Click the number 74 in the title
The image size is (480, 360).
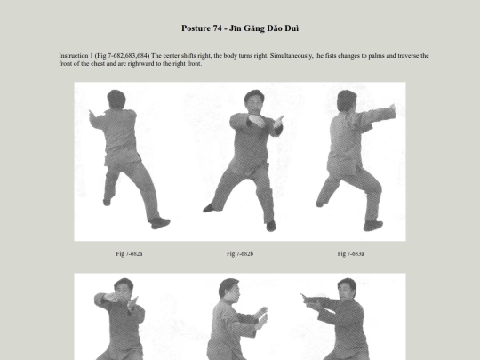click(218, 28)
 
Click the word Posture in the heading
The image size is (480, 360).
click(196, 28)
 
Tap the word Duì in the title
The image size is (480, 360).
click(292, 28)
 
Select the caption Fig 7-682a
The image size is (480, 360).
click(129, 253)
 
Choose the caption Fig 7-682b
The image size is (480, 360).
click(240, 253)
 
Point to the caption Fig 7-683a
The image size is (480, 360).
click(351, 253)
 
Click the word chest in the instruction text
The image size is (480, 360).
click(98, 64)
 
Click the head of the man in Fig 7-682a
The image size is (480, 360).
click(116, 99)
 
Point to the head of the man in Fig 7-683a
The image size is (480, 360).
click(347, 100)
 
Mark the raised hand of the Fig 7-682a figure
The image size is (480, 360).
click(92, 116)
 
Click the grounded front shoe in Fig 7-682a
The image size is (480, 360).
click(160, 223)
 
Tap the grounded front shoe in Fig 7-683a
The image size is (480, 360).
click(373, 226)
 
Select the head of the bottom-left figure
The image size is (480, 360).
click(124, 287)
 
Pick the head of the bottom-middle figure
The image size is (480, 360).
click(229, 288)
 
